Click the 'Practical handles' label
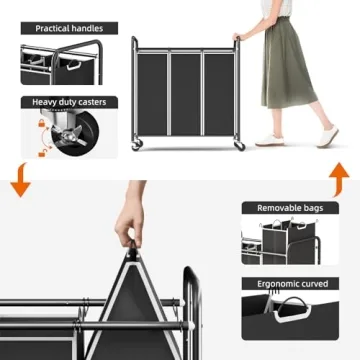pos(68,28)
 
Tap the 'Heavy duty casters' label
pos(68,102)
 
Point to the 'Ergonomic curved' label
pos(291,283)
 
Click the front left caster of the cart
pos(137,146)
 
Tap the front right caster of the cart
pos(239,146)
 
